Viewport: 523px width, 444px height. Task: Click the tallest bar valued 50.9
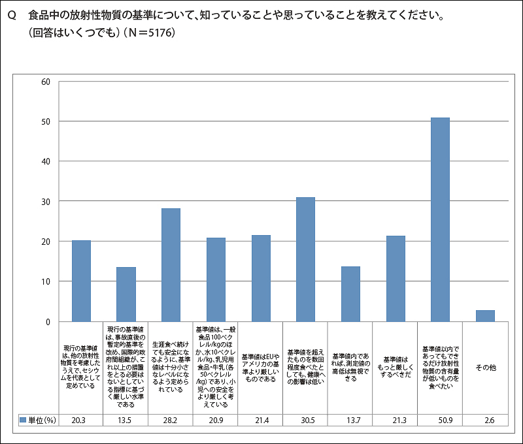point(440,219)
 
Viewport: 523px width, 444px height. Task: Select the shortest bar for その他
point(485,316)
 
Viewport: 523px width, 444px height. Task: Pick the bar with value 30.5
point(305,259)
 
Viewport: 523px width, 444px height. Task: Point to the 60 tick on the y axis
point(46,82)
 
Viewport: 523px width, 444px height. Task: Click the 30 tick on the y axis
point(46,202)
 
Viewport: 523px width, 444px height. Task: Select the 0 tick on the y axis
point(48,321)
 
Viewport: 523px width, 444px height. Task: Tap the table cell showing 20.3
point(81,419)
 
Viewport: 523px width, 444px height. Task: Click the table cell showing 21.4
point(261,419)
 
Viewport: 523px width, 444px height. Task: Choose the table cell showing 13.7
point(350,419)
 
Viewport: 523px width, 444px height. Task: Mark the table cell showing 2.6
point(485,419)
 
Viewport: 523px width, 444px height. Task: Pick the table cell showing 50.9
point(440,419)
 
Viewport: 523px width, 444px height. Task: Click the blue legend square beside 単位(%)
point(23,419)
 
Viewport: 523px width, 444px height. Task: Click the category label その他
point(485,368)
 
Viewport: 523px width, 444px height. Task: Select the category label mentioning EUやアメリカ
point(261,368)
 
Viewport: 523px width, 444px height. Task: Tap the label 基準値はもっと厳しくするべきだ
point(396,368)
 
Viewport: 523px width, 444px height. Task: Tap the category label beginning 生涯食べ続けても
point(171,366)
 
